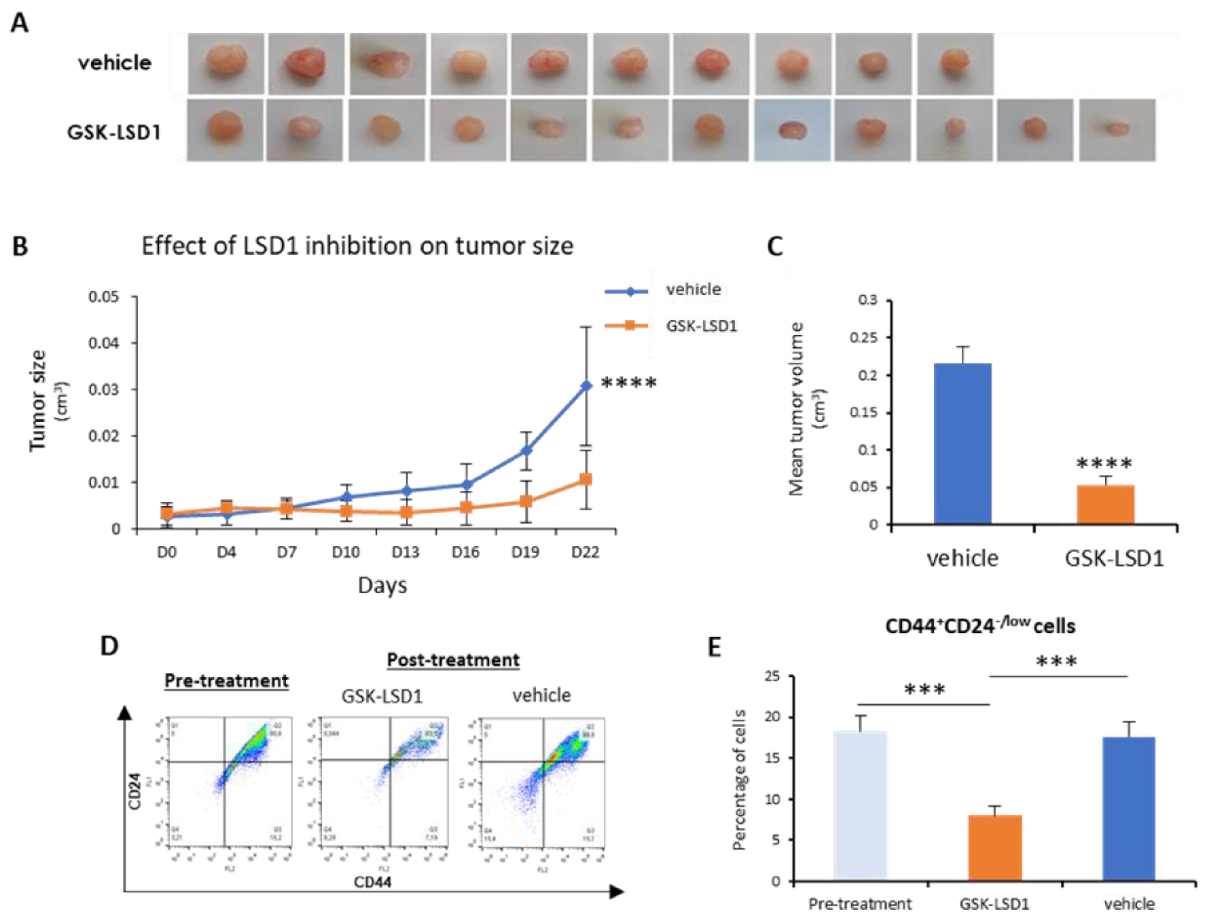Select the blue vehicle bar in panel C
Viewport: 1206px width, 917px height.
tap(962, 443)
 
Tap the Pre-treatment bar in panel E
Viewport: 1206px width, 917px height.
tap(860, 806)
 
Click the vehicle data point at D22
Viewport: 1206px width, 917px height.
tap(586, 386)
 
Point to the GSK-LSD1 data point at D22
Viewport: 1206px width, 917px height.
tap(586, 479)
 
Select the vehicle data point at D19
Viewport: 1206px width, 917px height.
tap(526, 450)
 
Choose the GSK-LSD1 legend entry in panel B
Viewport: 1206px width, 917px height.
tap(701, 326)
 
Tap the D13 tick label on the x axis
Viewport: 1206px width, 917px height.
tap(405, 553)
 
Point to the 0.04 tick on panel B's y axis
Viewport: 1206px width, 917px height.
tap(104, 343)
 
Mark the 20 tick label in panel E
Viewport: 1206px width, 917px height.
tap(772, 717)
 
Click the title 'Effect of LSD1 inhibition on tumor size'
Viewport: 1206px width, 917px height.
tap(357, 246)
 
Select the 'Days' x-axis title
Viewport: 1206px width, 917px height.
tap(382, 585)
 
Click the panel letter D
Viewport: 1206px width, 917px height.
tap(110, 646)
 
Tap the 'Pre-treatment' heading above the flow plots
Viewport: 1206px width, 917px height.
tap(226, 680)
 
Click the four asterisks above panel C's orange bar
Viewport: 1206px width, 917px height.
tap(1104, 464)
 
